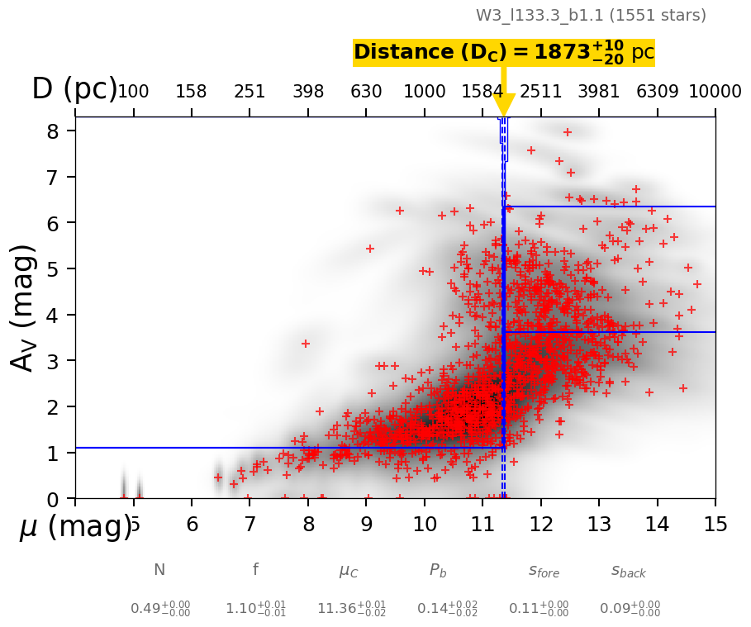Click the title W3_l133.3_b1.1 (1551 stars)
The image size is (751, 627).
[591, 16]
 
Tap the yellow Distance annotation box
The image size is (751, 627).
[503, 52]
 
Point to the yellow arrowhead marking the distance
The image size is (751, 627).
[503, 105]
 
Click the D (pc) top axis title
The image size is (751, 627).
[74, 89]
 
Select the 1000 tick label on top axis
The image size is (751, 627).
[425, 92]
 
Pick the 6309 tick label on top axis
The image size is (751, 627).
[657, 92]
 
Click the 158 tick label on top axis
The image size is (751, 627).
[191, 92]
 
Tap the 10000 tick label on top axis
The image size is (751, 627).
[714, 92]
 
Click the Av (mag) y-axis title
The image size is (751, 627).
[24, 307]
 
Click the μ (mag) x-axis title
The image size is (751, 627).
[74, 526]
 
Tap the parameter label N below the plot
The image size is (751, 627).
[159, 570]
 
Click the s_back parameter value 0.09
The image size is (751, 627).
[630, 609]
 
